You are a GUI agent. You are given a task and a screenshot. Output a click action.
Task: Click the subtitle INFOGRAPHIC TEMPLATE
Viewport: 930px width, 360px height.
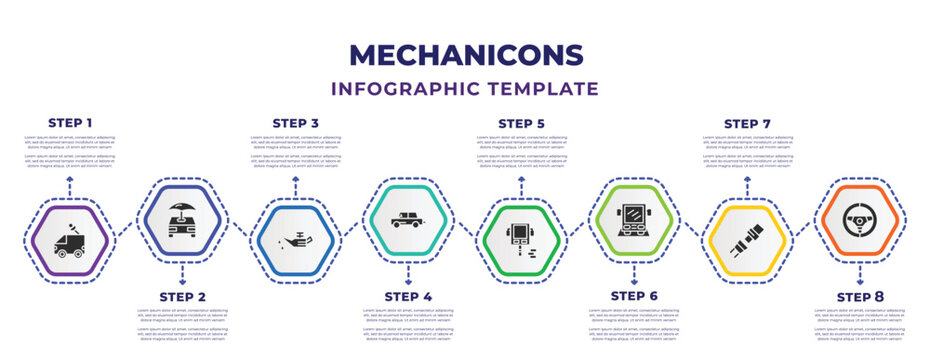coord(465,88)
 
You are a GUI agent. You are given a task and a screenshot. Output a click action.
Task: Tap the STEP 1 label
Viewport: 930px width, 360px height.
coord(70,123)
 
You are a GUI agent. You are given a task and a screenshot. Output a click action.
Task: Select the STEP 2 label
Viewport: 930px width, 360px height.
coord(183,296)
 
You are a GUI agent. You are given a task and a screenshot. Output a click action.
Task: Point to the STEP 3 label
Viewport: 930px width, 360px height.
coord(296,123)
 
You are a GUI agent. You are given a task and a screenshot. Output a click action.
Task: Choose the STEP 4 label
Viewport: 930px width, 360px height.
coord(408,296)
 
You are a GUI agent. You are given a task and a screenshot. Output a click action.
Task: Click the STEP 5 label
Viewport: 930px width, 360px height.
coord(521,123)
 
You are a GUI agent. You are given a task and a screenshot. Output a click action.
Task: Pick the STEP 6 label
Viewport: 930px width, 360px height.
coord(634,296)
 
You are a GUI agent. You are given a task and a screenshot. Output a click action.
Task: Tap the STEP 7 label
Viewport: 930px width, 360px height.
coord(747,123)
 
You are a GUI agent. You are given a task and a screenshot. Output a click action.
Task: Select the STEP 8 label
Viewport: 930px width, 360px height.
coord(860,296)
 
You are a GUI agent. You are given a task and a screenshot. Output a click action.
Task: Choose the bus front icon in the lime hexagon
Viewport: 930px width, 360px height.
coord(634,218)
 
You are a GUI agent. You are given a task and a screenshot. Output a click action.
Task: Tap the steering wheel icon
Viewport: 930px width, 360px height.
coord(860,218)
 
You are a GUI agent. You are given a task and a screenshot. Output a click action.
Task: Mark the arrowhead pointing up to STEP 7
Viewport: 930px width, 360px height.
coord(747,178)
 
